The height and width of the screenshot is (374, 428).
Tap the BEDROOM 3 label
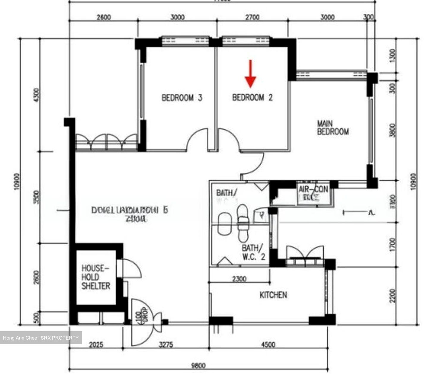pos(182,98)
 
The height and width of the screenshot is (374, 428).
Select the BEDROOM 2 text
pos(252,98)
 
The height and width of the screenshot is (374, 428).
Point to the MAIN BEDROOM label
pos(333,128)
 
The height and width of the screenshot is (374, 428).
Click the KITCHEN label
pos(273,295)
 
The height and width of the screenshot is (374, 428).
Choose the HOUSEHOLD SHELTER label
pos(96,277)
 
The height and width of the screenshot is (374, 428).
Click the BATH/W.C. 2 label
pos(253,252)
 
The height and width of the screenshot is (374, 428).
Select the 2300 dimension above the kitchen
pos(239,279)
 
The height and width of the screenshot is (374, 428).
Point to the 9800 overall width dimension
pos(198,365)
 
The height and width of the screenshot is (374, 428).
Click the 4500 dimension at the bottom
pos(268,345)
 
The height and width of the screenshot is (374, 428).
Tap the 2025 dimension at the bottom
pos(96,345)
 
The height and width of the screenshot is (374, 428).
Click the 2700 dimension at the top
pos(252,17)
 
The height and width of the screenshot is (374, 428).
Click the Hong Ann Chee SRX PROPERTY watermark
pos(41,338)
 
